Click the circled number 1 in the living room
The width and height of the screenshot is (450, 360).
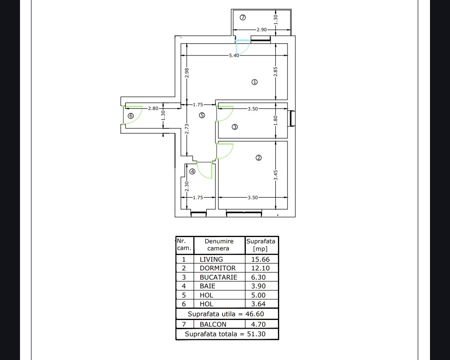click(x=255, y=82)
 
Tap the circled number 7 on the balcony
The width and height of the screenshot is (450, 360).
click(x=243, y=17)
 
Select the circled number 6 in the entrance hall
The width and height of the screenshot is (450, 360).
click(x=131, y=116)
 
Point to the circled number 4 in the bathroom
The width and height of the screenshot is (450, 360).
click(x=192, y=172)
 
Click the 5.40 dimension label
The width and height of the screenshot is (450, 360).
click(x=234, y=55)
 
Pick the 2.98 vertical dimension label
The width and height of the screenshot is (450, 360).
click(x=187, y=72)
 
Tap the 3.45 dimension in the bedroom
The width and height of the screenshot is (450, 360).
click(x=275, y=175)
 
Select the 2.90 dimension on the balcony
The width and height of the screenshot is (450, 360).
click(x=261, y=30)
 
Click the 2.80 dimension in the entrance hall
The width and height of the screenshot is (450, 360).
click(x=153, y=108)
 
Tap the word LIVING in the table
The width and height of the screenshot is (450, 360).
click(x=211, y=259)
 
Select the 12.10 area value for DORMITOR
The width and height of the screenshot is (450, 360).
click(x=260, y=268)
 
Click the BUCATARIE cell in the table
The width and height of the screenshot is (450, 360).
click(x=218, y=277)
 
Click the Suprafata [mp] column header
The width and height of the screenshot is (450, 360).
click(x=260, y=245)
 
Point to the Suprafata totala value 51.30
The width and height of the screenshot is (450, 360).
click(x=256, y=334)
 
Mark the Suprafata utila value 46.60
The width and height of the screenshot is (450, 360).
click(x=255, y=314)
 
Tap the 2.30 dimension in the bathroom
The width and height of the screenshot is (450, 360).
click(x=187, y=187)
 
